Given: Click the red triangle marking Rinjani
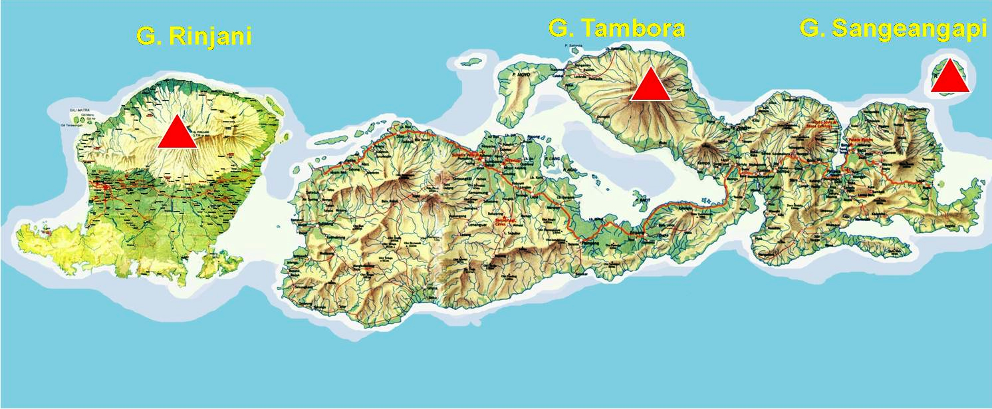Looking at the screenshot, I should pos(177,132).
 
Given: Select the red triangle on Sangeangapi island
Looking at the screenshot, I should pos(949,76).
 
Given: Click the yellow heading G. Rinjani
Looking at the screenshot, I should pos(193,36).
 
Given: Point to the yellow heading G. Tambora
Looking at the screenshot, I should pos(616,29).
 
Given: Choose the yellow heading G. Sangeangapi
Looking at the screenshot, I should pos(893,29).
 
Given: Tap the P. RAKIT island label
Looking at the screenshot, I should pos(640,200).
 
